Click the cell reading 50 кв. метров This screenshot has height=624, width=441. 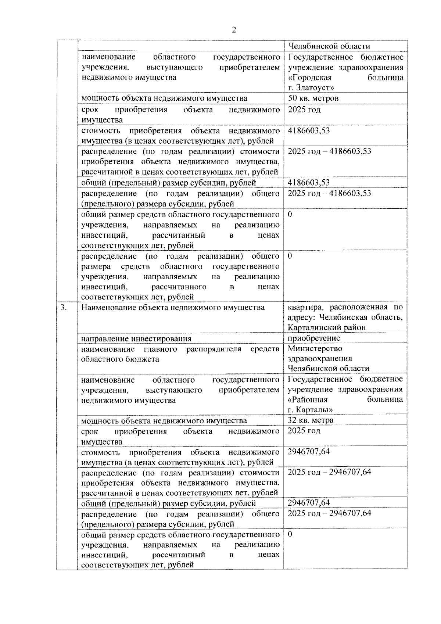313,98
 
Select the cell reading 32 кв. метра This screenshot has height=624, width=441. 311,420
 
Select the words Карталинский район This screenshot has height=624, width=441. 326,327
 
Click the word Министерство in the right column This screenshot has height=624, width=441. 315,348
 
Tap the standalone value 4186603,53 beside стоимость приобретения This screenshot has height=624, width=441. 309,130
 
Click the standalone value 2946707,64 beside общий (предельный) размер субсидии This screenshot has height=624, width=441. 309,502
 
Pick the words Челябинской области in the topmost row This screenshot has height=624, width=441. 329,46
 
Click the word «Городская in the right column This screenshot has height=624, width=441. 310,78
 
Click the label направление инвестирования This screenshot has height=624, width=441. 136,338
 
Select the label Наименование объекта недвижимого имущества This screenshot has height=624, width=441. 173,307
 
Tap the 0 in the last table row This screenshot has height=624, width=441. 290,534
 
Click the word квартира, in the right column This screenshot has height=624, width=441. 305,307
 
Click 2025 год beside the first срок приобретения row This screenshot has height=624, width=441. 304,110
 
